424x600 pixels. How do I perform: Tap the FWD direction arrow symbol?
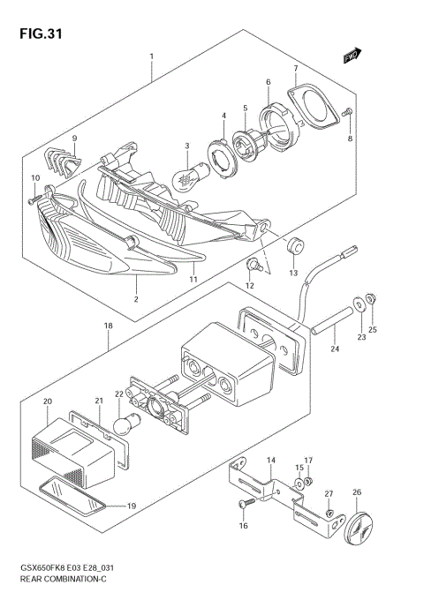click(353, 56)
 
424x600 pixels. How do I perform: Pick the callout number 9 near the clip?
click(75, 139)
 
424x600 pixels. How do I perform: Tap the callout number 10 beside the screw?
click(35, 179)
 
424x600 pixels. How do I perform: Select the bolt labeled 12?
click(253, 262)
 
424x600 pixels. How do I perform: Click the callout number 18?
click(108, 326)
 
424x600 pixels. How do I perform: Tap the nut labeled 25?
click(370, 300)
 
